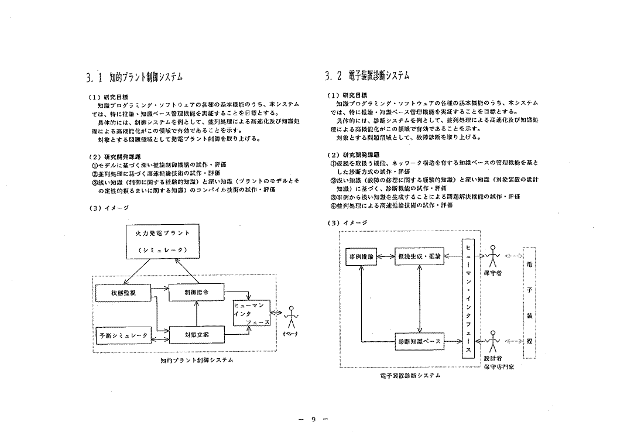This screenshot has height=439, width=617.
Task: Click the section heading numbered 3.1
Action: [134, 77]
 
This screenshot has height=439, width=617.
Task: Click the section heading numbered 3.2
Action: [367, 76]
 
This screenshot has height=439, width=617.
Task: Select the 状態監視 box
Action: [123, 293]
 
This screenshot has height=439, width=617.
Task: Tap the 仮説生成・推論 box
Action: [419, 256]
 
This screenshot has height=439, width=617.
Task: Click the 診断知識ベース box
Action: [419, 341]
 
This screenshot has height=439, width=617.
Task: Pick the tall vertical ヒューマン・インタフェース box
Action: [467, 297]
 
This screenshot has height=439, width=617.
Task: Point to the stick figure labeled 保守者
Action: [495, 255]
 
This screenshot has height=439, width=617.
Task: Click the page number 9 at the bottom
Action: [313, 419]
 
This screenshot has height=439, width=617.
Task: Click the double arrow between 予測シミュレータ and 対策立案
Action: [158, 335]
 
